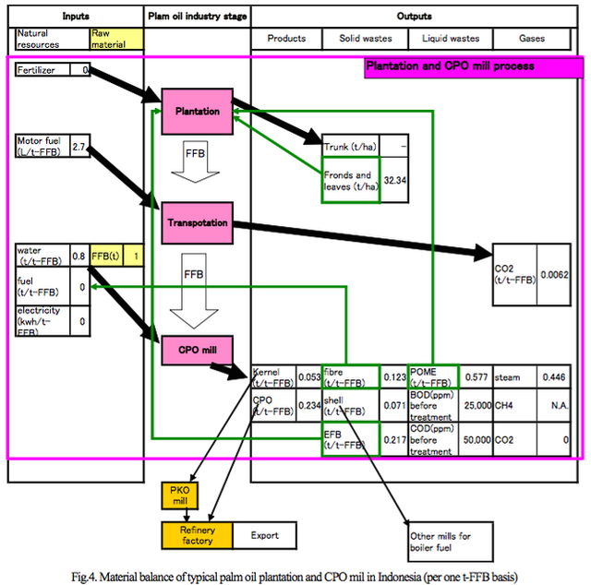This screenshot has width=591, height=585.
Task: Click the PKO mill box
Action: click(x=179, y=495)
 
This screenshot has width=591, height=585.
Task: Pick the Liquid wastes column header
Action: click(x=451, y=39)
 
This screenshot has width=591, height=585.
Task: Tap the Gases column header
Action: click(x=533, y=39)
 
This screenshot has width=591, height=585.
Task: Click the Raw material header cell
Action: click(x=116, y=39)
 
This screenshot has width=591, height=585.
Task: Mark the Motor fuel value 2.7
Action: click(x=79, y=147)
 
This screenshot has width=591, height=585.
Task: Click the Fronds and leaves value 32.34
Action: click(x=395, y=180)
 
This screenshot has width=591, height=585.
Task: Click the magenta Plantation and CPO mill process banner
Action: click(x=463, y=67)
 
